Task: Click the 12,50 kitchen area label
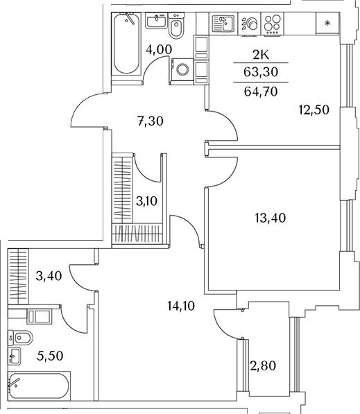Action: pyautogui.click(x=314, y=110)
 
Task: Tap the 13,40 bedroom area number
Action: pyautogui.click(x=271, y=218)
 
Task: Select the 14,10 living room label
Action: pyautogui.click(x=181, y=306)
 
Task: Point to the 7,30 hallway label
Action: pyautogui.click(x=151, y=121)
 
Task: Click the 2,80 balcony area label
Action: pyautogui.click(x=263, y=366)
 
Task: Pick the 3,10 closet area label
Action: pyautogui.click(x=146, y=202)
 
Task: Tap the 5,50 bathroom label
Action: pyautogui.click(x=50, y=356)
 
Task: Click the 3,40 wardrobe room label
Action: pyautogui.click(x=49, y=276)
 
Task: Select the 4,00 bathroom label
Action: pyautogui.click(x=159, y=49)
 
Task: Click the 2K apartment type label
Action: pyautogui.click(x=261, y=55)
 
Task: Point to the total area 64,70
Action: pyautogui.click(x=261, y=92)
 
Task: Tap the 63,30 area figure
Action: pyautogui.click(x=261, y=72)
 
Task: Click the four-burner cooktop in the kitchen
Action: pyautogui.click(x=273, y=24)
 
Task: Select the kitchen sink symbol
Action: pyautogui.click(x=223, y=24)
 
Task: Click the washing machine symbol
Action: pyautogui.click(x=182, y=70)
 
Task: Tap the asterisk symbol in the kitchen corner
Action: pyautogui.click(x=327, y=24)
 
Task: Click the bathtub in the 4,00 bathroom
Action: pyautogui.click(x=127, y=44)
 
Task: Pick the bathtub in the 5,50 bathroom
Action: pyautogui.click(x=39, y=386)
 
